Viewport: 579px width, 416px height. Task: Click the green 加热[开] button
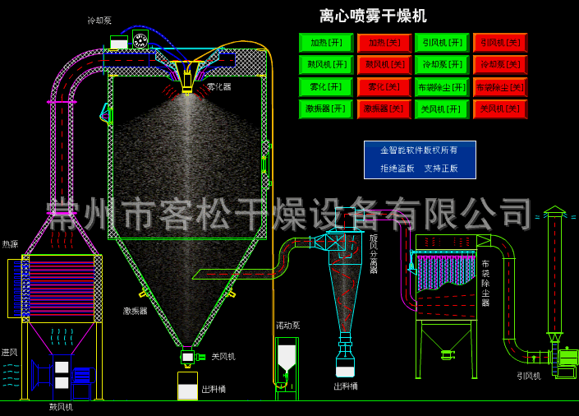[326, 43]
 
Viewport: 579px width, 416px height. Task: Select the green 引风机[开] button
[442, 43]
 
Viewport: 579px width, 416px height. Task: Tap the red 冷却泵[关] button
[500, 65]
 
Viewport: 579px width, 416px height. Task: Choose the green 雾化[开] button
[326, 87]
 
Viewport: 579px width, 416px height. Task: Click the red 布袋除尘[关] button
[500, 87]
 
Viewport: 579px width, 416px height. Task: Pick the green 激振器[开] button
[326, 109]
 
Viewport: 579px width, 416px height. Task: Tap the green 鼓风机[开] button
[326, 65]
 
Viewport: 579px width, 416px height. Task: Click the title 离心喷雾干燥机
[373, 16]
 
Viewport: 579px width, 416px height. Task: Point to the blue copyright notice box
[420, 159]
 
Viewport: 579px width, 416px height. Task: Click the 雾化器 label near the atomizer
[218, 86]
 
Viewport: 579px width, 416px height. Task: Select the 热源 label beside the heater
[10, 244]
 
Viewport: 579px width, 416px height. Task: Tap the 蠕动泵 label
[287, 326]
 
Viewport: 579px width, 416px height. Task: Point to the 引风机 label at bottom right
[528, 376]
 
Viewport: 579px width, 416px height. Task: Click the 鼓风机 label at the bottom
[61, 406]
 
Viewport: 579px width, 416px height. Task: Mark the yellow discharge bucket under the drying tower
[187, 386]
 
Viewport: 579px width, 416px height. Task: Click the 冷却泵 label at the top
[99, 21]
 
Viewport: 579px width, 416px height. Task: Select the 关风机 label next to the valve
[223, 357]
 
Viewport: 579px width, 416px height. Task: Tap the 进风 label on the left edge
[9, 353]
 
